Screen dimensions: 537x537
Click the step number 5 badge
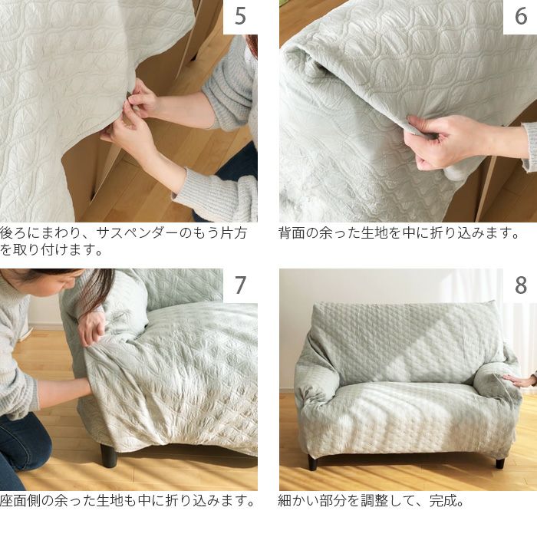(x=240, y=17)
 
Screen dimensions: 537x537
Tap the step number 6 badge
(x=520, y=17)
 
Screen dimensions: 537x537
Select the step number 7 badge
(x=240, y=285)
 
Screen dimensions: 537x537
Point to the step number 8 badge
(x=520, y=285)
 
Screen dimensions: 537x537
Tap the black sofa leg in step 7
(x=109, y=455)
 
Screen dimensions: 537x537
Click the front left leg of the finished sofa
(x=312, y=463)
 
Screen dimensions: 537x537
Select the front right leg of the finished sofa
(x=500, y=463)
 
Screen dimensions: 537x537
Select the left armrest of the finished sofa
(x=317, y=380)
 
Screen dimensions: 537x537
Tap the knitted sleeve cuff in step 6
(x=529, y=146)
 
